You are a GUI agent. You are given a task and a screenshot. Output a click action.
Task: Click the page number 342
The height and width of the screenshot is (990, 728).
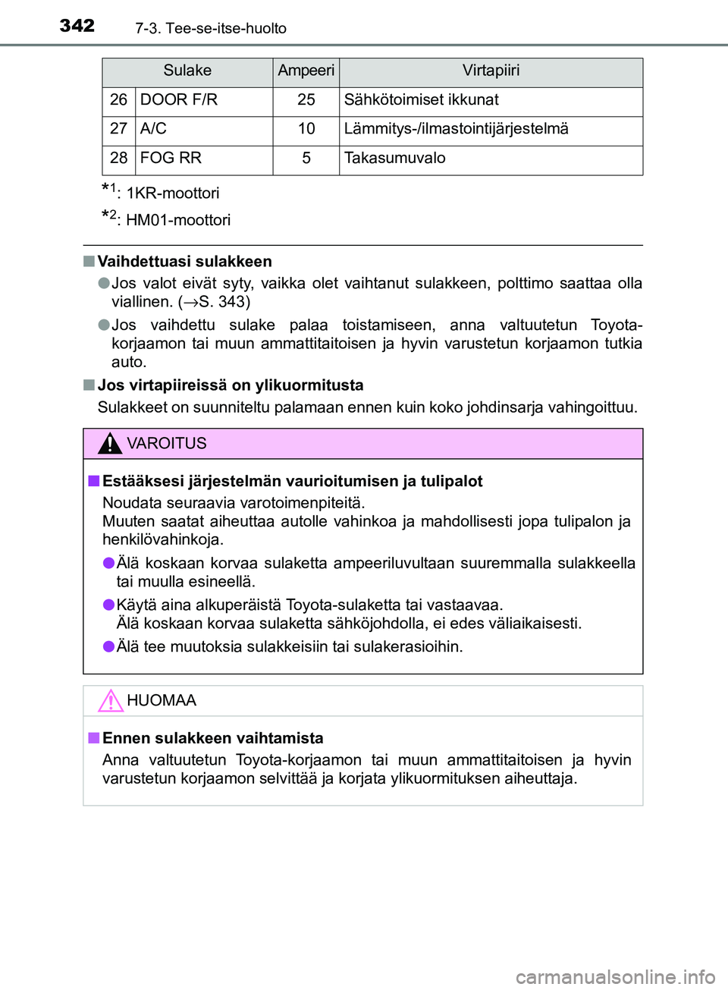77,26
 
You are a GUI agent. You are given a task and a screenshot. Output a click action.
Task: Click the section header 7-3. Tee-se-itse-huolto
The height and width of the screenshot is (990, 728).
211,29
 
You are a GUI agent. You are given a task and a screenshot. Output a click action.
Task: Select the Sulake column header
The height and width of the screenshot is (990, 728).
187,71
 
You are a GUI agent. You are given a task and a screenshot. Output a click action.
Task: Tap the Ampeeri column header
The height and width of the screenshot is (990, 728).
306,71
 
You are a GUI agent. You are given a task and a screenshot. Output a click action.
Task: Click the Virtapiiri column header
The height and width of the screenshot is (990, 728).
491,71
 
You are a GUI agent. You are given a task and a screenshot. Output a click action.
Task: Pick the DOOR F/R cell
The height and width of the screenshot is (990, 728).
179,100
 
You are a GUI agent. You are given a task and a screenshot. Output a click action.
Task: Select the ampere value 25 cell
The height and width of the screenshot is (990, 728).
306,100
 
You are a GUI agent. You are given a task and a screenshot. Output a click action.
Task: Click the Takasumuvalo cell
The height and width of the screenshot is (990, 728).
394,159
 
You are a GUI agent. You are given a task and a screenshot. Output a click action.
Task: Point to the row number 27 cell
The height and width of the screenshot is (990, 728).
118,129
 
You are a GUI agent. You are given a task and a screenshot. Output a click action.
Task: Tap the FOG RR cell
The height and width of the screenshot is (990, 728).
171,159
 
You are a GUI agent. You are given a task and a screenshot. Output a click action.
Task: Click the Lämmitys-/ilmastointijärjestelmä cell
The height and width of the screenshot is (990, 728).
456,129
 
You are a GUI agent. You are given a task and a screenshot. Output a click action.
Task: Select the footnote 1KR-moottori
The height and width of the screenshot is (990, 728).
172,193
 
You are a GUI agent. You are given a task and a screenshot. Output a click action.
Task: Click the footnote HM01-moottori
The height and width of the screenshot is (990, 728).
177,221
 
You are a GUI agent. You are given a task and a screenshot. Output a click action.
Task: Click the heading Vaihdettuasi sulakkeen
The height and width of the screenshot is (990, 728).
184,262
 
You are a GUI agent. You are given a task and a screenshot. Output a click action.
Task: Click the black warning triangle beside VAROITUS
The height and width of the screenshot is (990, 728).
110,443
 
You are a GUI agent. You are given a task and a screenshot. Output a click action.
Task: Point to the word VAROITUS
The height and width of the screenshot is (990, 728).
166,444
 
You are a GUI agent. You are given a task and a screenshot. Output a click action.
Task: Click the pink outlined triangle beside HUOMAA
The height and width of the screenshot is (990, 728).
111,700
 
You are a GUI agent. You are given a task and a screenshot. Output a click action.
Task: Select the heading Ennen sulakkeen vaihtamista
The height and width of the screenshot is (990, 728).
212,738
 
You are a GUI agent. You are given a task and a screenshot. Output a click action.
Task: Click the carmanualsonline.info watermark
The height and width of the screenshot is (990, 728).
615,977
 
